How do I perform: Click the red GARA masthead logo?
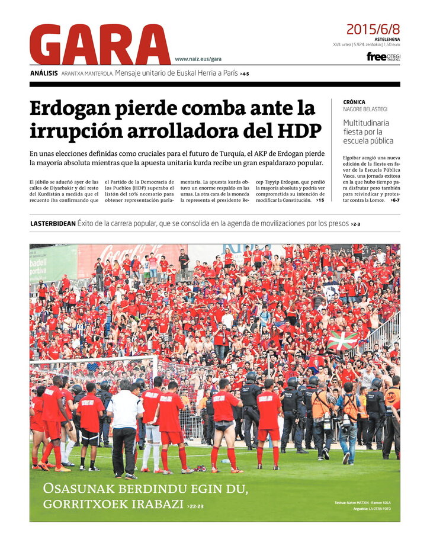pyautogui.click(x=100, y=44)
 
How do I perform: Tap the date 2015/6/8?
pyautogui.click(x=373, y=29)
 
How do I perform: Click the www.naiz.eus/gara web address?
pyautogui.click(x=198, y=59)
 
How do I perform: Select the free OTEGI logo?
pyautogui.click(x=383, y=57)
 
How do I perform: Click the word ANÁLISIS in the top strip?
pyautogui.click(x=44, y=73)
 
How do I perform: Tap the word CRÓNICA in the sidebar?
pyautogui.click(x=354, y=102)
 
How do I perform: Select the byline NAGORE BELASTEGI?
pyautogui.click(x=365, y=109)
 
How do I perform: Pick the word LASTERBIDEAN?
pyautogui.click(x=53, y=223)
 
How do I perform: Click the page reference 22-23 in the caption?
pyautogui.click(x=197, y=506)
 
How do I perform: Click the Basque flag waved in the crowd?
pyautogui.click(x=343, y=340)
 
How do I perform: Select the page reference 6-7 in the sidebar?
pyautogui.click(x=394, y=201)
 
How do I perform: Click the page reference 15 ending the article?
pyautogui.click(x=320, y=201)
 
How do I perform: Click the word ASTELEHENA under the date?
pyautogui.click(x=387, y=38)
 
